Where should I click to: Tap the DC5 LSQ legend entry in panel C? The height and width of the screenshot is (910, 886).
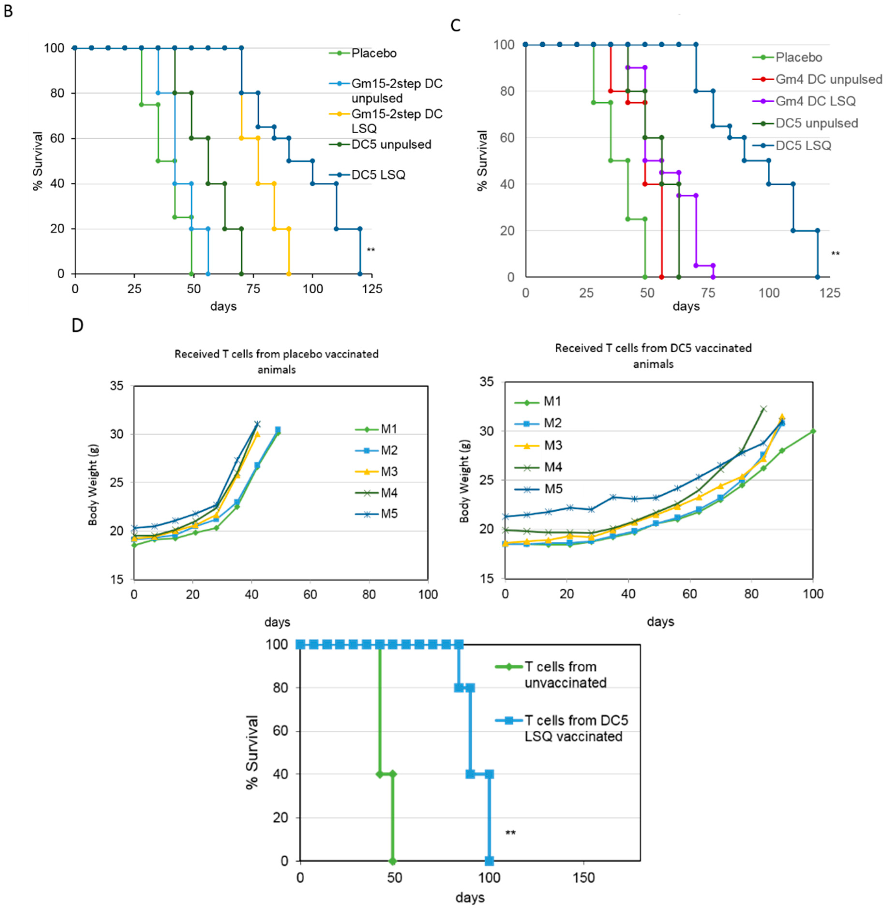803,146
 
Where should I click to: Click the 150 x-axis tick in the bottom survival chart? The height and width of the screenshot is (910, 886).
584,877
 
